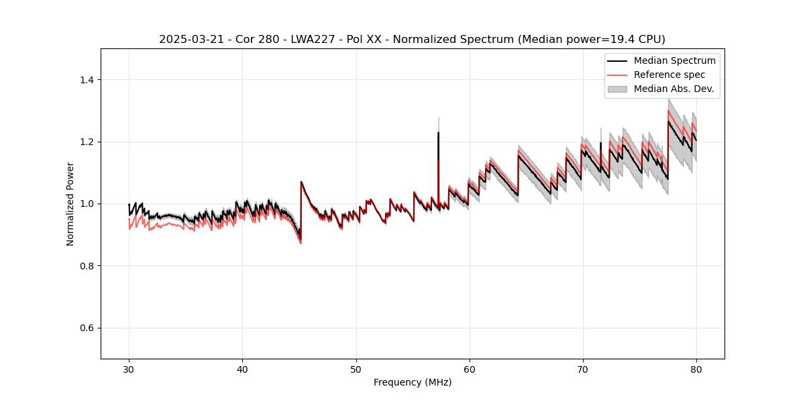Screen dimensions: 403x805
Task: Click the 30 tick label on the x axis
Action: click(129, 369)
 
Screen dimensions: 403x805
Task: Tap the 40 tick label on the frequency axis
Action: click(242, 369)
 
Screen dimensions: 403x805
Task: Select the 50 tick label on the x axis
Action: click(356, 369)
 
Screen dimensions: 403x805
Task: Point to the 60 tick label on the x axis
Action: click(470, 369)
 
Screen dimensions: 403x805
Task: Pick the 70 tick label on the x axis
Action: click(583, 369)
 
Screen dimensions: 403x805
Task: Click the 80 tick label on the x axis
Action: click(696, 369)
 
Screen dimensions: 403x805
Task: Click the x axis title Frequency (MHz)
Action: click(413, 382)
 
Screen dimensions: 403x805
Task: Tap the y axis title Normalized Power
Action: click(70, 204)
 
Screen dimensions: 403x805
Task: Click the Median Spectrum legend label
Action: click(674, 60)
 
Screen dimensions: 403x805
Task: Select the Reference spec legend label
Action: click(669, 75)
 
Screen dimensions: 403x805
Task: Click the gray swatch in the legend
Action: click(617, 89)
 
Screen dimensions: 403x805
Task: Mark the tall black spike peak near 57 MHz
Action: click(439, 132)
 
